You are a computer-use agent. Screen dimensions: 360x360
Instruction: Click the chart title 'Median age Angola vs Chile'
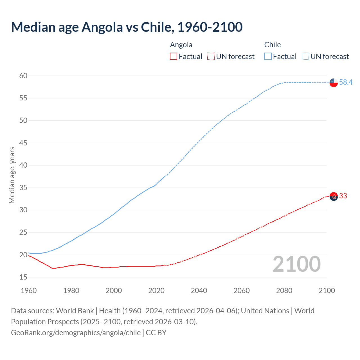tap(127, 27)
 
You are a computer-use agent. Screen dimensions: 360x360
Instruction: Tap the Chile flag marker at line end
tap(334, 82)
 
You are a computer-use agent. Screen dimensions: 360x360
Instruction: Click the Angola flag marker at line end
tap(334, 196)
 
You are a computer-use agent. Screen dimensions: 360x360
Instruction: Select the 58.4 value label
tap(346, 82)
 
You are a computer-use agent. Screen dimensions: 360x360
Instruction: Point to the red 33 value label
tap(343, 196)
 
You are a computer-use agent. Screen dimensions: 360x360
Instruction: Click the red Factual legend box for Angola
tap(174, 57)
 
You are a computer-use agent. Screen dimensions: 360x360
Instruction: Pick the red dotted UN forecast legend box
tap(211, 57)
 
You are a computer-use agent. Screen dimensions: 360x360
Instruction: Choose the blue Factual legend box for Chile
tap(268, 57)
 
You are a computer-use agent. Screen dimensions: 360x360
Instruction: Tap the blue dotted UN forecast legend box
tap(305, 57)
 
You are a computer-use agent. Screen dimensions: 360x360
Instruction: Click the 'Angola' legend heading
tap(181, 45)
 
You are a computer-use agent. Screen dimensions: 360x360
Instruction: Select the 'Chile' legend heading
tap(272, 45)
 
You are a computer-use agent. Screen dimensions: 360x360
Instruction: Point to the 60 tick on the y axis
tap(23, 76)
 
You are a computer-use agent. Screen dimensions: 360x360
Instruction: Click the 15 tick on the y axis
tap(23, 277)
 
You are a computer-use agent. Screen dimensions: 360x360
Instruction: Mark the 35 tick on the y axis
tap(23, 188)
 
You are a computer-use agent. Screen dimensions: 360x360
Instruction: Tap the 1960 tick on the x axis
tap(29, 291)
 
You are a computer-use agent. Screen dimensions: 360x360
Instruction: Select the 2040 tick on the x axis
tap(199, 291)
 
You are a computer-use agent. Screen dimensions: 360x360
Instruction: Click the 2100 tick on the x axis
tap(327, 291)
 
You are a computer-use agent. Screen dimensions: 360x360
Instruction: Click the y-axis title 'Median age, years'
tap(12, 175)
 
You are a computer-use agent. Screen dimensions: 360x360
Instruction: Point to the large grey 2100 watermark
tap(297, 264)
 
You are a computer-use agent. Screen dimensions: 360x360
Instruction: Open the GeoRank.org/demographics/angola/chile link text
tap(76, 333)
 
